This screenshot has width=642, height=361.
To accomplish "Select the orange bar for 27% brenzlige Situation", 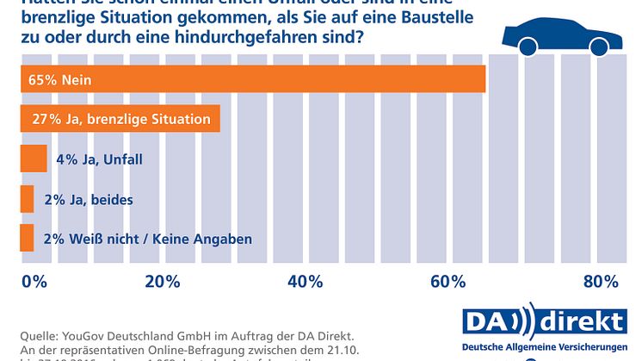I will point(120,119).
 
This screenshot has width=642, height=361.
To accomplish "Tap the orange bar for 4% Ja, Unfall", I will point(33,159).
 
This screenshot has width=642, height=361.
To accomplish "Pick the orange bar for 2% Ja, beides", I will point(27,198).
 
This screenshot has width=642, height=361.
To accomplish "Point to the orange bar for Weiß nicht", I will point(27,237).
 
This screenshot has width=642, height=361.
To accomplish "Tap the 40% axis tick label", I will point(305,281).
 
